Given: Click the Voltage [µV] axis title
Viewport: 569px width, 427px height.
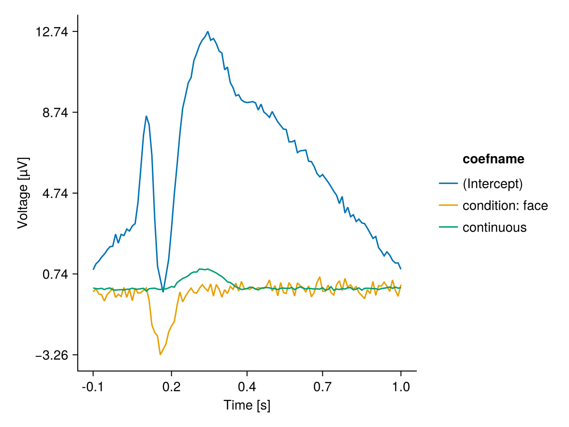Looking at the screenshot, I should coord(23,193).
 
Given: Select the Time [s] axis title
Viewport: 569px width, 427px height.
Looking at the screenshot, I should coord(247,405).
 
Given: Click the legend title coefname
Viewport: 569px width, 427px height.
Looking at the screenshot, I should coord(493,159).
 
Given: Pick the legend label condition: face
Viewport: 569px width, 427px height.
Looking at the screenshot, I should coord(505,205).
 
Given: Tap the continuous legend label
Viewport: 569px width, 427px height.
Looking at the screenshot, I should coord(494,227).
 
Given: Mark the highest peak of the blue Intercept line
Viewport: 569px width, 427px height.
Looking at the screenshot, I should coord(208,32).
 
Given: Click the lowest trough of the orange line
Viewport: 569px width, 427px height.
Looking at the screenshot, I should coord(160,354).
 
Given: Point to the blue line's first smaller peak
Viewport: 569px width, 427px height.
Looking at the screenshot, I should coord(147,116).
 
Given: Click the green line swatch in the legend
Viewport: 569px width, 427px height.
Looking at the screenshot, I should coord(448,227).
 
